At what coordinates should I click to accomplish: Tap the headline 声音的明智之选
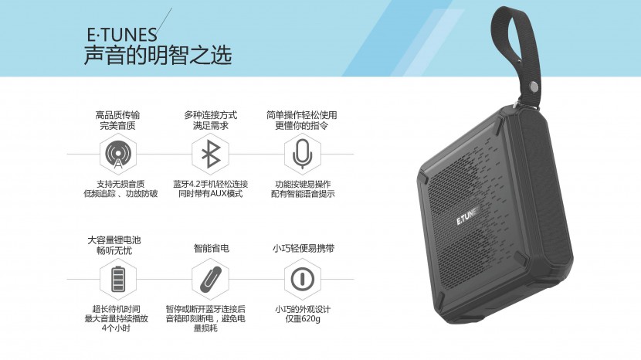158,56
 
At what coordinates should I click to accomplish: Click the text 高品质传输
117,114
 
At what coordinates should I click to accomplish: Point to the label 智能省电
211,249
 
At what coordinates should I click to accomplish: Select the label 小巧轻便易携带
303,249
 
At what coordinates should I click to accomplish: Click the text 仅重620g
303,318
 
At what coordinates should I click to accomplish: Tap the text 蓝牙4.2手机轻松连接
211,184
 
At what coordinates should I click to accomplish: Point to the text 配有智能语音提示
303,194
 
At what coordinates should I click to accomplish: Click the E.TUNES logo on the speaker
469,219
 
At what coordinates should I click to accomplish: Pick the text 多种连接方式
211,114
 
